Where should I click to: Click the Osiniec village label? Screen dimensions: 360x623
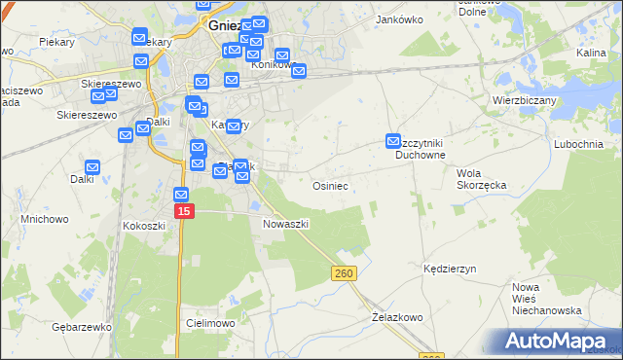coord(330,185)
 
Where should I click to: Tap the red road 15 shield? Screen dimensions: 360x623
coord(185,211)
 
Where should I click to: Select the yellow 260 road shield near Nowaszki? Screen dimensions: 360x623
coord(343,275)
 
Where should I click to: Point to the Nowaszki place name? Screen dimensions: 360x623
coord(286,224)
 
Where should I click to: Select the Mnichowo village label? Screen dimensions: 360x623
coord(45,220)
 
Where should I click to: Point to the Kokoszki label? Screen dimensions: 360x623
coord(145,226)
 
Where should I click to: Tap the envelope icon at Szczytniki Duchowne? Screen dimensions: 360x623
coord(394,141)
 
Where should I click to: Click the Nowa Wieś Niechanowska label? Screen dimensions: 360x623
coord(546,299)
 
